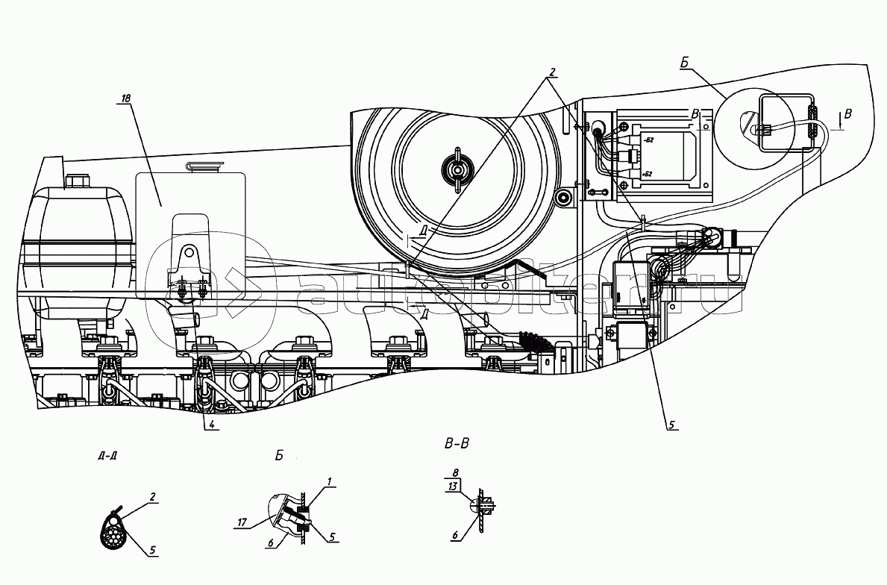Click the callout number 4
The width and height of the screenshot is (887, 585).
[x=213, y=425]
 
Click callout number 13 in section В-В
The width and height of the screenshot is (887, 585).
[x=452, y=487]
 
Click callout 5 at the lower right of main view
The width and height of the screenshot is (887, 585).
[x=671, y=425]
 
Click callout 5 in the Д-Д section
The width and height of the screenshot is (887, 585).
[x=153, y=551]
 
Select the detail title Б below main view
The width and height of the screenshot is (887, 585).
[x=278, y=455]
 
